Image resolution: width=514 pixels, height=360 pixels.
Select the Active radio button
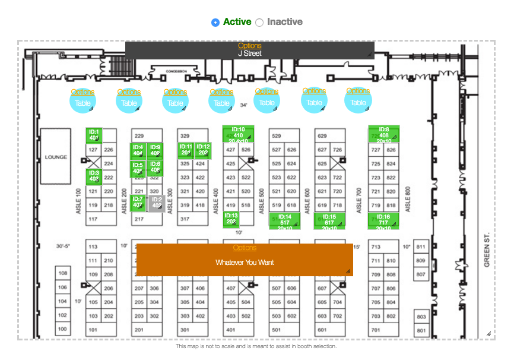pyautogui.click(x=215, y=23)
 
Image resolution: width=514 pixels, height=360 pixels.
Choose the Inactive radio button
pyautogui.click(x=259, y=23)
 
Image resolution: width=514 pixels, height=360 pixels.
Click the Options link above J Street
pyautogui.click(x=249, y=46)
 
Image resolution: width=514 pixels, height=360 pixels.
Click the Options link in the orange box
pyautogui.click(x=245, y=248)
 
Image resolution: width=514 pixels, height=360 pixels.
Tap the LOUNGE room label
pyautogui.click(x=56, y=157)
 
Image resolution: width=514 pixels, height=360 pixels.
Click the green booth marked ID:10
pyautogui.click(x=238, y=135)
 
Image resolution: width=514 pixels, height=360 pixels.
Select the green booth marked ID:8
pyautogui.click(x=383, y=135)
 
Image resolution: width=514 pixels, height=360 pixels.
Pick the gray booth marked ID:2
pyautogui.click(x=156, y=203)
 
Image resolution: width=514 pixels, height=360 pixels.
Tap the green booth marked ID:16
pyautogui.click(x=383, y=220)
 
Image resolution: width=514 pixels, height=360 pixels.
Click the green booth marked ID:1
pyautogui.click(x=94, y=135)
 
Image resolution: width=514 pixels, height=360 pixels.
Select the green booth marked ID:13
pyautogui.click(x=231, y=219)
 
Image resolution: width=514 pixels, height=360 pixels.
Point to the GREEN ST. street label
pyautogui.click(x=487, y=250)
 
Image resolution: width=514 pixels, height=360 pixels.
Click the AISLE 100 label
pyautogui.click(x=78, y=201)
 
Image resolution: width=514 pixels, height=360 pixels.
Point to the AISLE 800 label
pyautogui.click(x=408, y=201)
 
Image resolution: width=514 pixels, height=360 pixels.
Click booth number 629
pyautogui.click(x=322, y=136)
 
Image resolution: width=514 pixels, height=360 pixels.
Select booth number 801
pyautogui.click(x=421, y=330)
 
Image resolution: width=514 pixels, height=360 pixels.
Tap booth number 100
pyautogui.click(x=63, y=329)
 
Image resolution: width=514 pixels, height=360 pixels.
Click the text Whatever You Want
pyautogui.click(x=245, y=262)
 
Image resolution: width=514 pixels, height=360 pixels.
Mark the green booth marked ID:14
pyautogui.click(x=284, y=220)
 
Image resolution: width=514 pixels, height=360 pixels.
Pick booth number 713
pyautogui.click(x=376, y=247)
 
